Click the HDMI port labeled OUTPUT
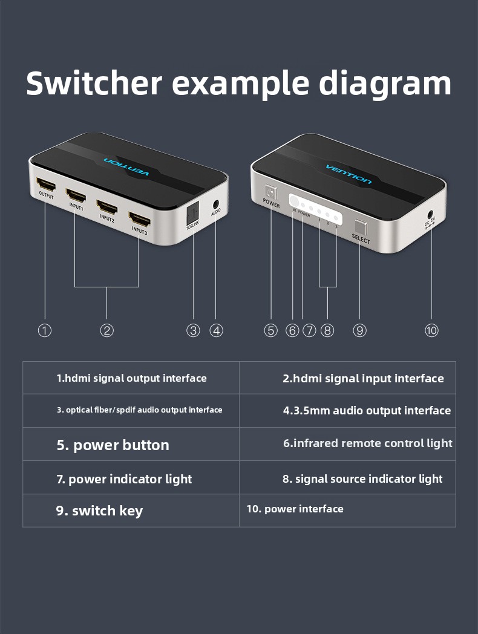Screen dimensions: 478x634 46,185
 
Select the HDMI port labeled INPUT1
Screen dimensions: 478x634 76,195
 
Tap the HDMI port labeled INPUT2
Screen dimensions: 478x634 107,208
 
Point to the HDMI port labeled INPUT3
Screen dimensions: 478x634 140,220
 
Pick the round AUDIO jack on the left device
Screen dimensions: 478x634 216,204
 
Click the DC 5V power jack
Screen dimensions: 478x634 430,214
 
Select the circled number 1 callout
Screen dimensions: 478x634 45,330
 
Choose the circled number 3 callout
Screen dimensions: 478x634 193,330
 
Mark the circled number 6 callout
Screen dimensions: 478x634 292,330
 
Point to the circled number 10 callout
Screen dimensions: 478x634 431,330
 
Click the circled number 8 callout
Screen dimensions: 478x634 327,330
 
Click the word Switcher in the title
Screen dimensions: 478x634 94,83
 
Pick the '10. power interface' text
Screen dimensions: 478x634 295,509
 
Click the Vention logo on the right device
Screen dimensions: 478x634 349,174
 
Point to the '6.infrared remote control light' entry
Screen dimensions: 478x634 368,443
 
